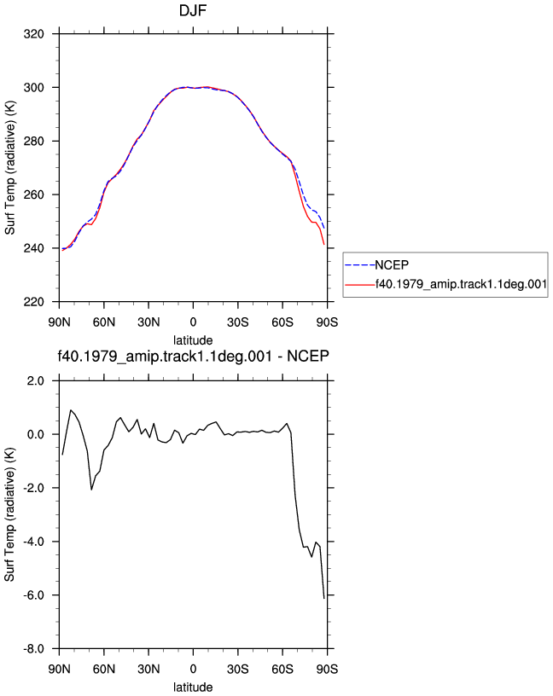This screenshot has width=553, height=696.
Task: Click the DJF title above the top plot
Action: click(x=193, y=10)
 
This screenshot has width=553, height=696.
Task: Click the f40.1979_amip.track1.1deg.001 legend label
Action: click(x=461, y=284)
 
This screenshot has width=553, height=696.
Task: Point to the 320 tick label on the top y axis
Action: click(x=34, y=34)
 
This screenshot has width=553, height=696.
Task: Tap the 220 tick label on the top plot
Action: click(x=34, y=302)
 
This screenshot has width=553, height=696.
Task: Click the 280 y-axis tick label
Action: click(x=34, y=141)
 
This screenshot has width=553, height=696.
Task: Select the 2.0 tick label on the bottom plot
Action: click(x=36, y=381)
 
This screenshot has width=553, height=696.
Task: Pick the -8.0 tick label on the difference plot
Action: click(x=34, y=649)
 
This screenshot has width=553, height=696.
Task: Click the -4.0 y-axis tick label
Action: click(x=34, y=542)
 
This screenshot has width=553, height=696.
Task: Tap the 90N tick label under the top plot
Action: click(x=59, y=322)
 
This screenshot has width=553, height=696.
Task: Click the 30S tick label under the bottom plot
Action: click(x=237, y=669)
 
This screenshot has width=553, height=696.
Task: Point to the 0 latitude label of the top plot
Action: click(x=193, y=322)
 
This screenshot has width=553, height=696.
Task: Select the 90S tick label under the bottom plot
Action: click(x=327, y=669)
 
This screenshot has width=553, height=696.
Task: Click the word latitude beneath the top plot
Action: click(x=193, y=340)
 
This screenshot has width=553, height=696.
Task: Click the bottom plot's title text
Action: click(x=193, y=356)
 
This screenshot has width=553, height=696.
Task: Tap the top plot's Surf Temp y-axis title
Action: click(x=9, y=168)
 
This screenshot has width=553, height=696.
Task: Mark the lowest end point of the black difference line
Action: click(x=324, y=599)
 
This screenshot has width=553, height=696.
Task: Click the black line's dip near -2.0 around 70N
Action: click(x=91, y=490)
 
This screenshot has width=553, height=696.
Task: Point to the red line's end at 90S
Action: click(x=324, y=245)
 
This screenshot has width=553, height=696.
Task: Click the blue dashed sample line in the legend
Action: click(x=360, y=265)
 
